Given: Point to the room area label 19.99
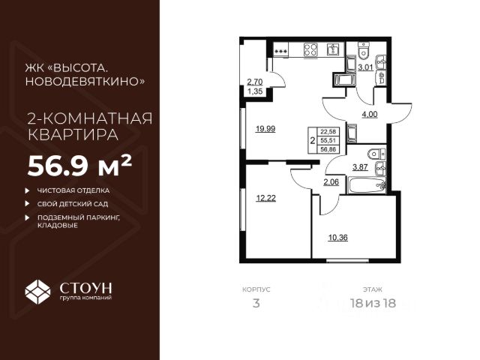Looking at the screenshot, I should click(264, 128).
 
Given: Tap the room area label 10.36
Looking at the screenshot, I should click(337, 238).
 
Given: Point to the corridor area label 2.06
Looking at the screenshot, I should click(331, 182).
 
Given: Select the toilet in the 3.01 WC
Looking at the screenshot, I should click(363, 51).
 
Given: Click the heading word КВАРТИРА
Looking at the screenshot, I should click(71, 136).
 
